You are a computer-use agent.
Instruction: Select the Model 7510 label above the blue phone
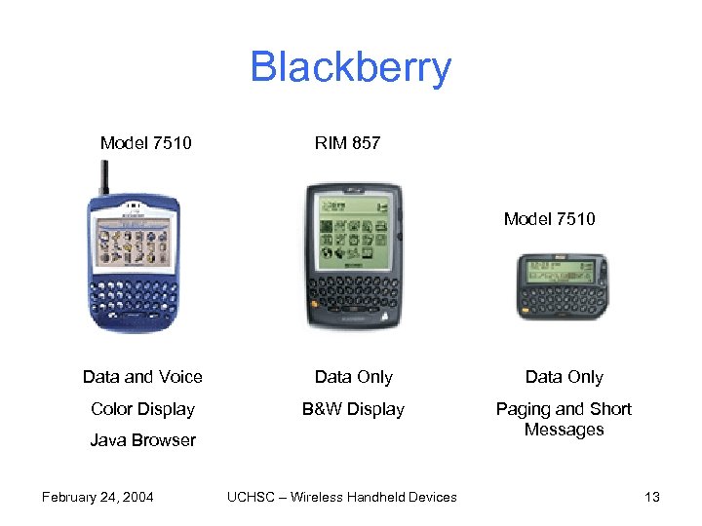tap(145, 144)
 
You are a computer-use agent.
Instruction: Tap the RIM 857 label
tap(347, 144)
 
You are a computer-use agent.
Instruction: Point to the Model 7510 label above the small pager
tap(549, 219)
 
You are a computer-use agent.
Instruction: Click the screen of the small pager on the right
tap(561, 270)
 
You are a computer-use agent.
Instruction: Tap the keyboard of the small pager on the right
tap(562, 299)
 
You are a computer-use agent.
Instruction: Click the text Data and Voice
tap(142, 377)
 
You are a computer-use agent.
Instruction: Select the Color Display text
tap(142, 409)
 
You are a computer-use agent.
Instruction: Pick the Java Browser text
tap(142, 440)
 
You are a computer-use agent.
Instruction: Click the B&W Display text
tap(353, 409)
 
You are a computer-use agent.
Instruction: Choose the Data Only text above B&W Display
tap(353, 377)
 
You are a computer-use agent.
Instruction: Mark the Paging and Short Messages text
tap(564, 419)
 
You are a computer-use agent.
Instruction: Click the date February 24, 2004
tap(97, 497)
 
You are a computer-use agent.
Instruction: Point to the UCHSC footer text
tap(341, 497)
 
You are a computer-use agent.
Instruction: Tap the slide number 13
tap(652, 497)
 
